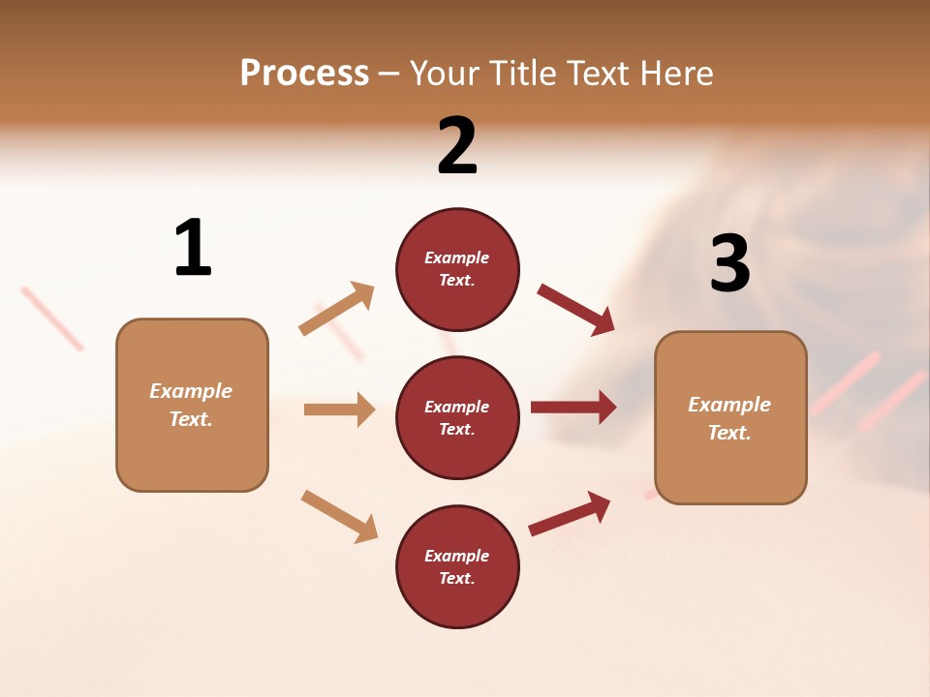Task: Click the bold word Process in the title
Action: [304, 74]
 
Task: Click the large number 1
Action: [193, 249]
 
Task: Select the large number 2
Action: [457, 146]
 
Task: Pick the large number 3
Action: [729, 263]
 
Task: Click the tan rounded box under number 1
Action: [192, 405]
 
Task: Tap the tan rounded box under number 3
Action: [730, 418]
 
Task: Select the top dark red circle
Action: [457, 269]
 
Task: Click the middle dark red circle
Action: [457, 418]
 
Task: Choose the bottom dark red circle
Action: [457, 567]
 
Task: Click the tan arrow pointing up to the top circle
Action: [337, 309]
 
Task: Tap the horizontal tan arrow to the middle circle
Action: [339, 409]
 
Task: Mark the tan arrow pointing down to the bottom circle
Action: [339, 516]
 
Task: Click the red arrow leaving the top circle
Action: [575, 309]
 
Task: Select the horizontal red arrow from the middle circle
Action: [573, 408]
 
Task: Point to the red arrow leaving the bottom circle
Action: [570, 513]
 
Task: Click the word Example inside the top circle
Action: [457, 258]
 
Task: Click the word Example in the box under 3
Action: [729, 405]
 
